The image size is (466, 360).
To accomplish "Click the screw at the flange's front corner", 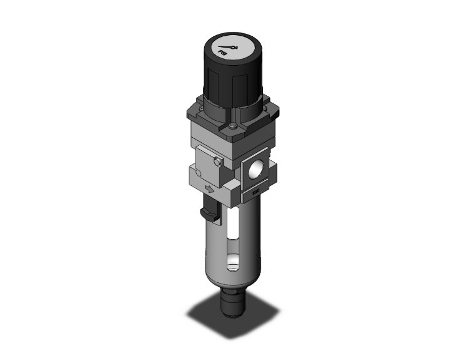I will pos(234,128).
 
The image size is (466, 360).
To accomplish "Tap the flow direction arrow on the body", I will pos(208,188).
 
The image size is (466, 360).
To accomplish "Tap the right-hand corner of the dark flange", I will pos(268,119).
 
